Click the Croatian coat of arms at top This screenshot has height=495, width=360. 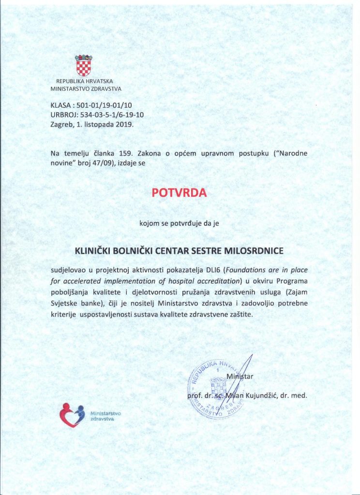click(x=83, y=65)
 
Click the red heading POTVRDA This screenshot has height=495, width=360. click(x=179, y=192)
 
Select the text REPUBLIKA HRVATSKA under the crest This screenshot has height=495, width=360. click(x=84, y=81)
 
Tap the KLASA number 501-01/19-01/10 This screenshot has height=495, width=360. click(x=104, y=105)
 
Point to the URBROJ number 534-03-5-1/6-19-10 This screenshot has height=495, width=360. click(x=112, y=115)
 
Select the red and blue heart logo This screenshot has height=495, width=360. click(x=72, y=415)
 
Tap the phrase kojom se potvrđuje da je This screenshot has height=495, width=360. click(x=179, y=223)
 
